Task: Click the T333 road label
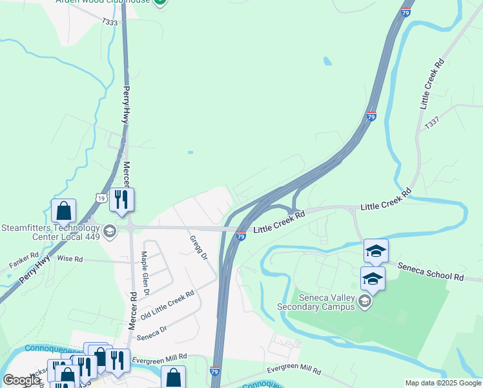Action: click(x=110, y=22)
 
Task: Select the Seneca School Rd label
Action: click(x=431, y=272)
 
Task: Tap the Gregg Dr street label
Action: click(x=198, y=248)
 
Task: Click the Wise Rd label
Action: click(x=70, y=259)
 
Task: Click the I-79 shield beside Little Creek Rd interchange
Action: click(x=240, y=237)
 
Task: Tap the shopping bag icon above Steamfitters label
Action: click(x=63, y=210)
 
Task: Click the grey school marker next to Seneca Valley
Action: click(x=365, y=302)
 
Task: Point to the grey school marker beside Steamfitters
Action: click(x=109, y=231)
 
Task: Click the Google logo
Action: click(x=21, y=380)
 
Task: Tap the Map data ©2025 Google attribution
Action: click(x=444, y=383)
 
